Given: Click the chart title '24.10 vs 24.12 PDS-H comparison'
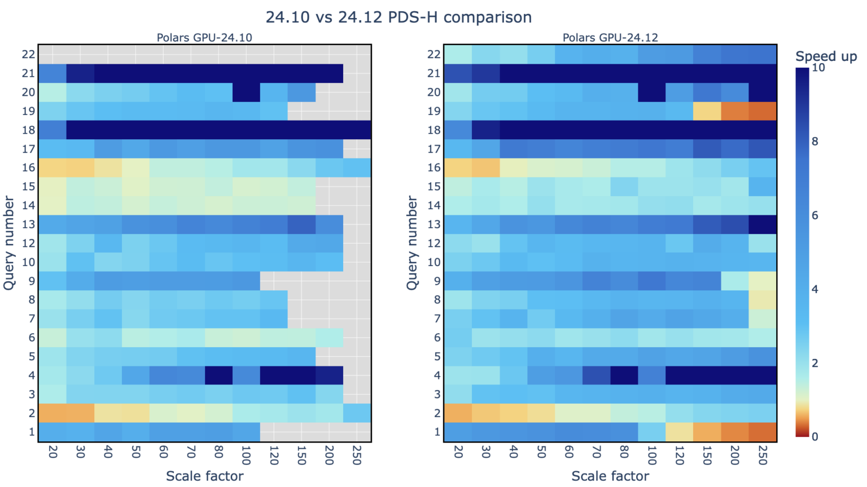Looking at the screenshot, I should (399, 17).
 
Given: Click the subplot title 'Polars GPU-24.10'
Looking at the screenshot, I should (204, 38).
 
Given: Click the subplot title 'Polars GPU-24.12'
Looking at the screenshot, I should (610, 38).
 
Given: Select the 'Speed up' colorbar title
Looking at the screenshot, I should (826, 56).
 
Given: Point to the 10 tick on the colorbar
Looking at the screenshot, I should (818, 68).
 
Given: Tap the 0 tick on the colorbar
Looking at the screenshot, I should (815, 436).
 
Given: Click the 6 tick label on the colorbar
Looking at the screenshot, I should (815, 215).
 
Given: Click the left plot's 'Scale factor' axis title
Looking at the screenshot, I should (204, 476).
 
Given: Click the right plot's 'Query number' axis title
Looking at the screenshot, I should (413, 243).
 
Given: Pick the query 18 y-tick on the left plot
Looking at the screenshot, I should (29, 130).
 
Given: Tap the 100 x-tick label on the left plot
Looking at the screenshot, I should (246, 455).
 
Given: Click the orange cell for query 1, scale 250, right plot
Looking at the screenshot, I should (762, 432).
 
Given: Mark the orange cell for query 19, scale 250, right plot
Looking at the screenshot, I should (762, 111).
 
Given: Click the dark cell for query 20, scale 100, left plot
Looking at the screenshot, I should (246, 92).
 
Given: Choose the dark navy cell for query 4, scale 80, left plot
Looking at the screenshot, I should (218, 375).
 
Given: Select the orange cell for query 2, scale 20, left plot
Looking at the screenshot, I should (52, 413).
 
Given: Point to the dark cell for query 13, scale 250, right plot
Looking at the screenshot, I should (762, 224).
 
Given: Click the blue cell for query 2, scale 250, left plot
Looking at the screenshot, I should (357, 413).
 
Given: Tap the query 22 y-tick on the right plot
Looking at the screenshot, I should (434, 54).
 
